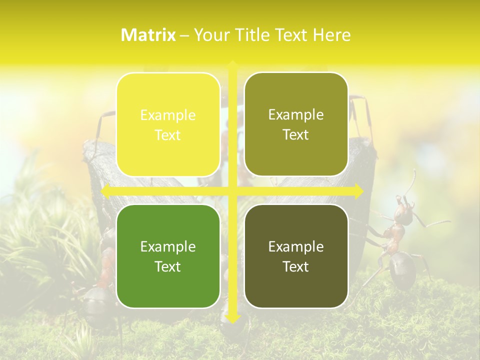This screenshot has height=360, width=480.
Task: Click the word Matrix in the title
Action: [x=148, y=35]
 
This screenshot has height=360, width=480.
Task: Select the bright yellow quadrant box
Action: [x=168, y=124]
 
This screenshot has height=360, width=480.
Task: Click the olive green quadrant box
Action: [x=296, y=124]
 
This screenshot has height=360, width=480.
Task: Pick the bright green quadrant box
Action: [x=168, y=256]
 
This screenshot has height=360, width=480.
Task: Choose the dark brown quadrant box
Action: [x=296, y=256]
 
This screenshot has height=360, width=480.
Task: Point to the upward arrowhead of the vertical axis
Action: [x=232, y=64]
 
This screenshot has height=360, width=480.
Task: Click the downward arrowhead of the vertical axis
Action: [x=232, y=317]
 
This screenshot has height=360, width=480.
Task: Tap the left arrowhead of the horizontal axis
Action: [x=105, y=191]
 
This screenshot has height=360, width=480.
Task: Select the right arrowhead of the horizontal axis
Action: [x=359, y=191]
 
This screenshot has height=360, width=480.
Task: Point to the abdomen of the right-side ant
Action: [x=402, y=270]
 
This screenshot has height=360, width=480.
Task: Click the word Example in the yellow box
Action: [x=168, y=115]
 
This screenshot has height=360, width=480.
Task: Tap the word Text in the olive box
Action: [x=296, y=135]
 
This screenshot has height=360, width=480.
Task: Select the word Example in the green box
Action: [x=168, y=246]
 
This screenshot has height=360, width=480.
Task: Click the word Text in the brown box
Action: [x=296, y=266]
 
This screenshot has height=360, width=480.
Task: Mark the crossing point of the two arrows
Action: [x=232, y=191]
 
